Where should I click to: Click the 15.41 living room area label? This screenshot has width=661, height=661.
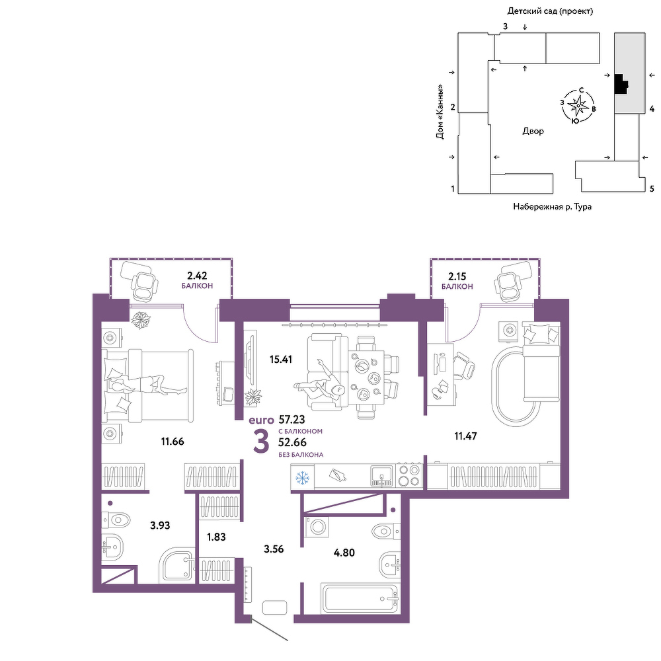tap(281, 360)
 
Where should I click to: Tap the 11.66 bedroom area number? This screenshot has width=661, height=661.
tap(173, 442)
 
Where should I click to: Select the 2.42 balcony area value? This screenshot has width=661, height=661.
tap(197, 276)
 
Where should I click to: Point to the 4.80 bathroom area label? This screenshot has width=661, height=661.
tap(344, 552)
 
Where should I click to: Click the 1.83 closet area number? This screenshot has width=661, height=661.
tap(216, 537)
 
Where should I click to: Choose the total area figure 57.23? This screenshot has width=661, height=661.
tap(292, 420)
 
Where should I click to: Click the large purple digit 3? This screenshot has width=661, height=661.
tap(261, 442)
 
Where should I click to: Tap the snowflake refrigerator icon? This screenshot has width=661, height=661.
tap(302, 478)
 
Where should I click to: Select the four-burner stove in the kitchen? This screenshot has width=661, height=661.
tap(410, 475)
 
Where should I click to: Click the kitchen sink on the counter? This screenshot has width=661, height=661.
tap(382, 477)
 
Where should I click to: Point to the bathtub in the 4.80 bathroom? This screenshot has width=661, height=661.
tap(360, 599)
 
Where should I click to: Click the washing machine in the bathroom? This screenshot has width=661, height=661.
tap(317, 527)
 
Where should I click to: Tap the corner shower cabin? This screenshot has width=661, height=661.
tap(177, 565)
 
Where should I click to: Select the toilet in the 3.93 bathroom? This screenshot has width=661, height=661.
tap(116, 520)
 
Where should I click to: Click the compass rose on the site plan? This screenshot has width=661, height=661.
tap(578, 106)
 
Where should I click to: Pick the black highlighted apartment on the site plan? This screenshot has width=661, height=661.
tap(621, 85)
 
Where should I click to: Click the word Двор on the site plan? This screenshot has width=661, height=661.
tap(533, 131)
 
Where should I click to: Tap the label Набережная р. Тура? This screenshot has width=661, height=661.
tap(552, 206)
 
